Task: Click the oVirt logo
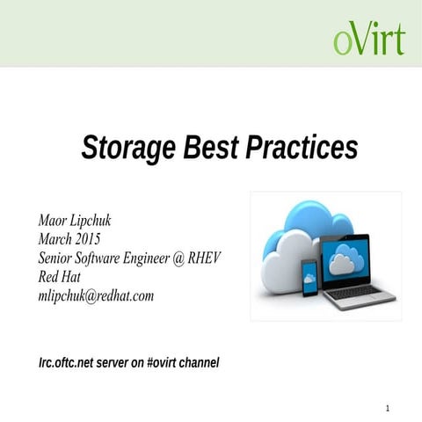[x=369, y=40]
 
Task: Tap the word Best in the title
[x=211, y=148]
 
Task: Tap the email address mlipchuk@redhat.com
[x=96, y=296]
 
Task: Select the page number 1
[x=387, y=408]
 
